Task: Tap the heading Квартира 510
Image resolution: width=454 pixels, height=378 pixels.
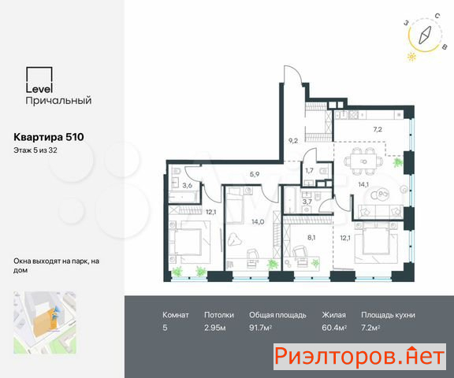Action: (x=49, y=137)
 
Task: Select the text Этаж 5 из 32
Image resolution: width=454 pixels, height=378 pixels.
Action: (x=35, y=150)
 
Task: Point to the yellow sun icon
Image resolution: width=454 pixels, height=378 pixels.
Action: (x=411, y=57)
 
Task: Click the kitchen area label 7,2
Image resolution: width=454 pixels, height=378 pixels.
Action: (x=378, y=129)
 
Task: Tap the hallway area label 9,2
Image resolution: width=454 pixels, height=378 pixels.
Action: (x=293, y=141)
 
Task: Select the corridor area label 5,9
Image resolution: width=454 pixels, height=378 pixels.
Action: (x=255, y=174)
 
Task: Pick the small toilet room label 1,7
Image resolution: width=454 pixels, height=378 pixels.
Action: (x=309, y=171)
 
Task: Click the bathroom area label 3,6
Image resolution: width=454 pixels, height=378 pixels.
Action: (x=188, y=185)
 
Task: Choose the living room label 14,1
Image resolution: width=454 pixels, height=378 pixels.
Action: (x=363, y=184)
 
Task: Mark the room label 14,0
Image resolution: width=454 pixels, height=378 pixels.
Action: (x=258, y=222)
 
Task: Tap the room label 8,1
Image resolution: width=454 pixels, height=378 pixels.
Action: (x=311, y=238)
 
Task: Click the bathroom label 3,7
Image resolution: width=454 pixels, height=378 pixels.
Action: (x=307, y=202)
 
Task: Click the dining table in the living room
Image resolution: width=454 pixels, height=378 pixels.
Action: (x=364, y=161)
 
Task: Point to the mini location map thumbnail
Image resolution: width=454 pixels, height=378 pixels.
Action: (x=45, y=322)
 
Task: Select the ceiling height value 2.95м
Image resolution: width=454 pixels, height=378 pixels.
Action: (x=215, y=328)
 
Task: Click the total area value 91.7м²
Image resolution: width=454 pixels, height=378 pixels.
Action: (x=260, y=328)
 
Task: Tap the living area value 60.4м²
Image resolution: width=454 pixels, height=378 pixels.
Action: (x=334, y=328)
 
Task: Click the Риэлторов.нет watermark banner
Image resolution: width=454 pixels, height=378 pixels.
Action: (x=359, y=357)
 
